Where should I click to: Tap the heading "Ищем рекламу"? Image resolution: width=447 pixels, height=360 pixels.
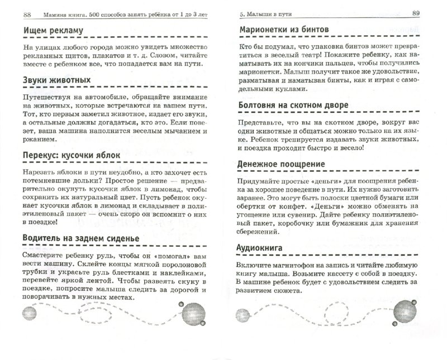click(x=51, y=31)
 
